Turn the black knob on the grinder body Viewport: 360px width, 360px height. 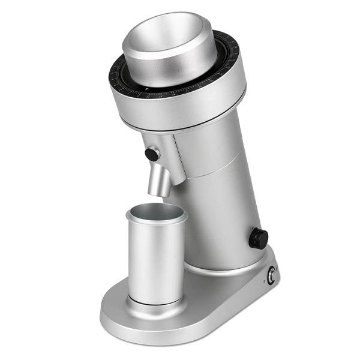(x=259, y=238)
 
